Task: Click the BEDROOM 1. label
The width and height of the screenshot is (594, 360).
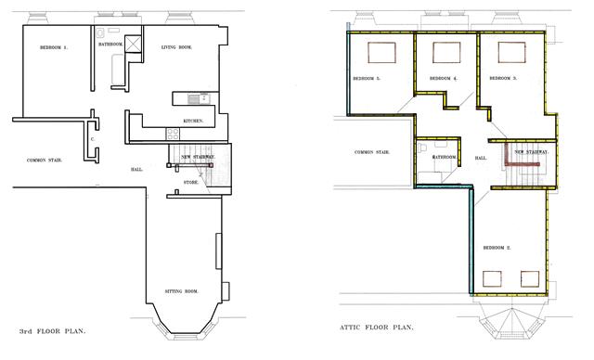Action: [53, 47]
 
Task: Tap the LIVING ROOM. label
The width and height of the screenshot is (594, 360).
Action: [176, 47]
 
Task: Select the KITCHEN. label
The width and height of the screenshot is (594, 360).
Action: [193, 122]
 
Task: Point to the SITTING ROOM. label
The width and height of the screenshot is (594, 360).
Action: [181, 291]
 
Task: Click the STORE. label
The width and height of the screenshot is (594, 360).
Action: [190, 183]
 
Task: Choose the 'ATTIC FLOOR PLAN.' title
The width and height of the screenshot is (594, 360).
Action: [377, 328]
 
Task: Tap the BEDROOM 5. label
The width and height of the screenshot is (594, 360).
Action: [367, 79]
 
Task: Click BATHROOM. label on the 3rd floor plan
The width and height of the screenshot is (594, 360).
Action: [111, 44]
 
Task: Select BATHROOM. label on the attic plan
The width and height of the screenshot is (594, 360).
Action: [444, 157]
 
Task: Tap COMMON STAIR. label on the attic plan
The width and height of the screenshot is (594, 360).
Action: [371, 152]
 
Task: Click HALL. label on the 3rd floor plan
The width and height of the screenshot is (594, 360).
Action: [136, 169]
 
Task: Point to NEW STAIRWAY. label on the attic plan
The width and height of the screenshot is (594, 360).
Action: [531, 151]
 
